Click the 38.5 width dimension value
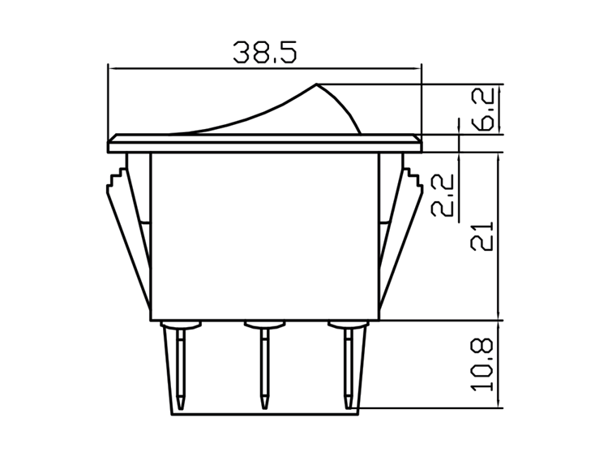pos(265,51)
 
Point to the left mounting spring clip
pos(126,235)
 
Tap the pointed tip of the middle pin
pos(264,403)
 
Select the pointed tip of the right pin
pos(349,403)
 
